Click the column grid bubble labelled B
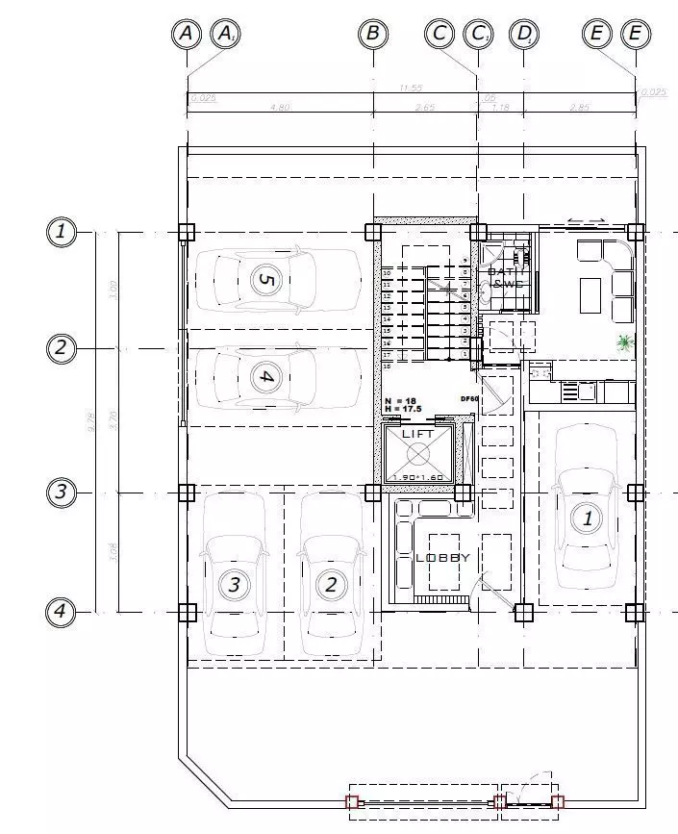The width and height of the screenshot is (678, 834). click(372, 34)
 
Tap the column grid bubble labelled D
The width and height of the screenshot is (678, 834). click(524, 34)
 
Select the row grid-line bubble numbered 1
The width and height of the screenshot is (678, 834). click(61, 232)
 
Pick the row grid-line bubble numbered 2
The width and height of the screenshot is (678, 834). click(61, 347)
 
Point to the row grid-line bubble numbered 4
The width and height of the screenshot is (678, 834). click(61, 611)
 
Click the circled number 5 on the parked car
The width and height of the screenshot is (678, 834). click(265, 280)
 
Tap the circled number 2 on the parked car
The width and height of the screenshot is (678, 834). click(331, 584)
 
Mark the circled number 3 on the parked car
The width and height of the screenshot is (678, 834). click(234, 584)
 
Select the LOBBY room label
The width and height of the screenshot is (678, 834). click(442, 558)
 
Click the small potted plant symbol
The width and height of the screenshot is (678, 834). click(626, 341)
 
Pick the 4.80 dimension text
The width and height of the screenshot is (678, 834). click(280, 108)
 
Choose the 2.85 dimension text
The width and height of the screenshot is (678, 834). click(579, 108)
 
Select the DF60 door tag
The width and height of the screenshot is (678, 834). click(469, 398)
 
